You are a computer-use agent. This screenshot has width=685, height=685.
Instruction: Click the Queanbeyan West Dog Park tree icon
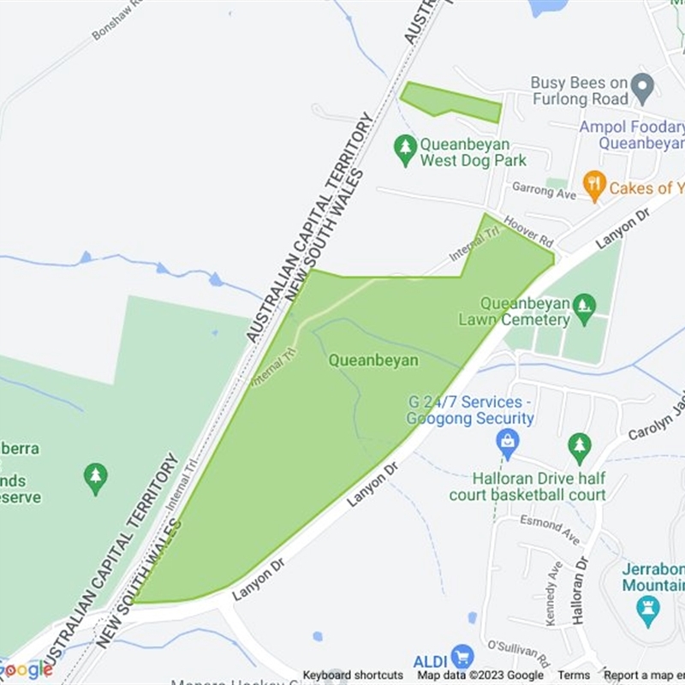(405, 151)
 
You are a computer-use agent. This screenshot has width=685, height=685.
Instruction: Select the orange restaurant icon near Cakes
(594, 184)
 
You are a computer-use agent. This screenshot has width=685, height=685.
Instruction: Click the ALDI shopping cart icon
(462, 658)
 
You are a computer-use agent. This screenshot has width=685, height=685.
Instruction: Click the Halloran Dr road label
(582, 590)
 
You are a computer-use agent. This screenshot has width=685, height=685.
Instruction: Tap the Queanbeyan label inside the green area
(373, 360)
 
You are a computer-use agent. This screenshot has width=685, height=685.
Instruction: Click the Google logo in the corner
(26, 669)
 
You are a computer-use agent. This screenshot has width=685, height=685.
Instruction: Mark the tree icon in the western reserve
(96, 479)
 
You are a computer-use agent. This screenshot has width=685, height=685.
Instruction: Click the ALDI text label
(431, 660)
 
